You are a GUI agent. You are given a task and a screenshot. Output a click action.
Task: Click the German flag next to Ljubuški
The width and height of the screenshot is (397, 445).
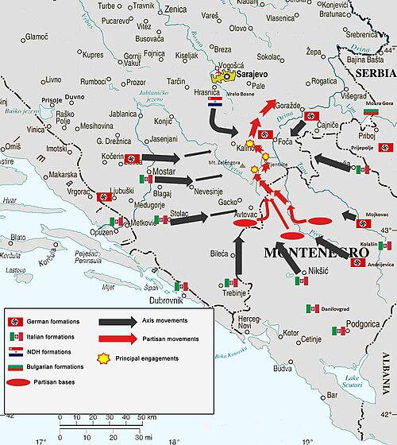[103, 197]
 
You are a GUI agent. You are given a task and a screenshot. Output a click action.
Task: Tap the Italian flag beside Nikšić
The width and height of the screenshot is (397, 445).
[301, 281]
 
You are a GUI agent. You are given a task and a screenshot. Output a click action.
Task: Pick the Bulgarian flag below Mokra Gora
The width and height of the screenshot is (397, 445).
[370, 113]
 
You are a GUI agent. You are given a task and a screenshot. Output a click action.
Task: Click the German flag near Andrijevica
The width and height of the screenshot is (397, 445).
[357, 262]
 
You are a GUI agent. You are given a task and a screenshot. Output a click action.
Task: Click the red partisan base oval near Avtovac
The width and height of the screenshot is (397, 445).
[245, 226]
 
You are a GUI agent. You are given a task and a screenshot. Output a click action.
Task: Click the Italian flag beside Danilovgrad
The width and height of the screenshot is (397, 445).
[310, 308]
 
